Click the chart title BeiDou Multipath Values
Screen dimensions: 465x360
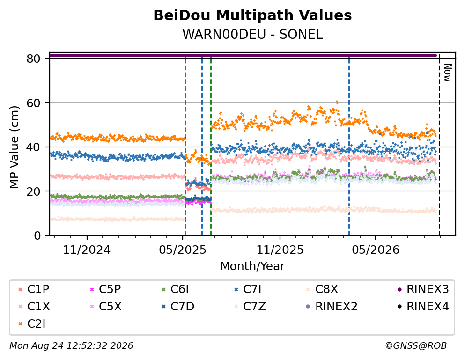pos(252,15)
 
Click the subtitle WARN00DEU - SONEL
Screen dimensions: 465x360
pos(252,34)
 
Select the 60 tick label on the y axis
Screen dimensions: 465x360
pos(33,103)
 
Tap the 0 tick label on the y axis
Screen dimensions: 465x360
pos(37,235)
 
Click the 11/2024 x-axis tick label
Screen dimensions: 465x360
pos(87,250)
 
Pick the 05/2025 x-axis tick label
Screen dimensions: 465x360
pos(182,250)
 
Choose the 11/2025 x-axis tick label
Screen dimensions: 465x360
pos(280,250)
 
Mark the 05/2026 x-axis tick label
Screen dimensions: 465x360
pos(376,250)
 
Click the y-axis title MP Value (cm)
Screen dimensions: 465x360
pos(15,147)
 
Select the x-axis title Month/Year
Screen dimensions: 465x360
pos(252,266)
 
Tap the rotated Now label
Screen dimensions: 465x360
pos(448,73)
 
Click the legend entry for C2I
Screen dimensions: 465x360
pos(32,324)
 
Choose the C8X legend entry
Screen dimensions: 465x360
pos(322,289)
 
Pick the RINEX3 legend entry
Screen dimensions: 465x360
pos(423,289)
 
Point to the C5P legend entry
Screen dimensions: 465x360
pos(105,289)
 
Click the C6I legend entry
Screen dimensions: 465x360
pos(175,289)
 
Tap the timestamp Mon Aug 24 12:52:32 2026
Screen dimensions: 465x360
pos(71,346)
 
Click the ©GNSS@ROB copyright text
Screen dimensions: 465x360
pos(416,346)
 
